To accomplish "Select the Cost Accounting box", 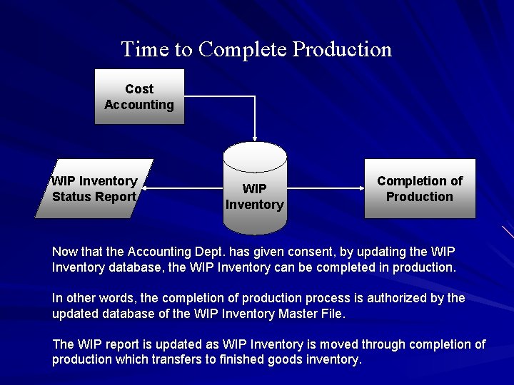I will click(x=139, y=97).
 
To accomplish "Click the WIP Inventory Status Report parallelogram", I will click(x=94, y=189).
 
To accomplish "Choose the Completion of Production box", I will click(x=420, y=189).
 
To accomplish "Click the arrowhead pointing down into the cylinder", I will click(x=254, y=137).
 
